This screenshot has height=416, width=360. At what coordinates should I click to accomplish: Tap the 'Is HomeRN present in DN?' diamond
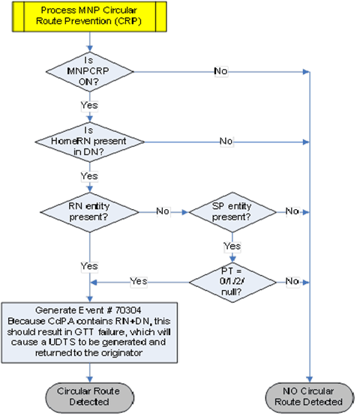click(90, 142)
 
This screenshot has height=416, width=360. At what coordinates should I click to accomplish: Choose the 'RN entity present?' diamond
click(90, 211)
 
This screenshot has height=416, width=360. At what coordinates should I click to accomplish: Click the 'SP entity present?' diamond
click(231, 211)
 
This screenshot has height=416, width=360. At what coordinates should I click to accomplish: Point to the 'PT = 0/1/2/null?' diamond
click(231, 281)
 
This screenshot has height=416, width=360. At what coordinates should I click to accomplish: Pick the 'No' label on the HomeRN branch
click(224, 142)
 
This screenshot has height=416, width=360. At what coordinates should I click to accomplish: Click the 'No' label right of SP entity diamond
click(292, 211)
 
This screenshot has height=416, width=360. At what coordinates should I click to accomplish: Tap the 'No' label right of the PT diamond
click(292, 281)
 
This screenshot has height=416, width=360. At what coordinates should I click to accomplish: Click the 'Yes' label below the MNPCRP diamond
click(89, 106)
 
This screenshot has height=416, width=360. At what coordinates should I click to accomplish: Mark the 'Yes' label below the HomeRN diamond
click(89, 175)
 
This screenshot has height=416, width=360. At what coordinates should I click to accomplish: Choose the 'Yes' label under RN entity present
click(89, 265)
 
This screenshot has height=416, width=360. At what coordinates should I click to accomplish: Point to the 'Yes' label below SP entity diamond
click(231, 245)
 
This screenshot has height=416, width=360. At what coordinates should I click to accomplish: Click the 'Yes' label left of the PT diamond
click(139, 281)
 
